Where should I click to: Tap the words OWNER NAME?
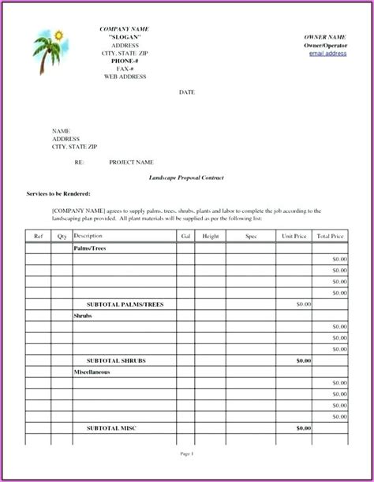coord(324,37)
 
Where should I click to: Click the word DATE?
coord(187,92)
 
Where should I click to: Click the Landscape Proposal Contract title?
coord(186,178)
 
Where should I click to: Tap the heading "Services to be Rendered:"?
coord(58,193)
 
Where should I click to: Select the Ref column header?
coord(38,236)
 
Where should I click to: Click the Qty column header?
coord(62,236)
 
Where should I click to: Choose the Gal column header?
coord(185,236)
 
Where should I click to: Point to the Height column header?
coord(211,236)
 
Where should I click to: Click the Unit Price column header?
coord(294,236)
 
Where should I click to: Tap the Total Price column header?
coord(331,236)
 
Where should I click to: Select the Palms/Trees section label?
coord(91,247)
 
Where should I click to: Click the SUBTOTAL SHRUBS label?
coord(116,360)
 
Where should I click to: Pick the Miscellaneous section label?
coord(92,371)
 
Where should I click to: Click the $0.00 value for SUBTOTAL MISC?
coord(304,428)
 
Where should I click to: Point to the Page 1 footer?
coord(187,455)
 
